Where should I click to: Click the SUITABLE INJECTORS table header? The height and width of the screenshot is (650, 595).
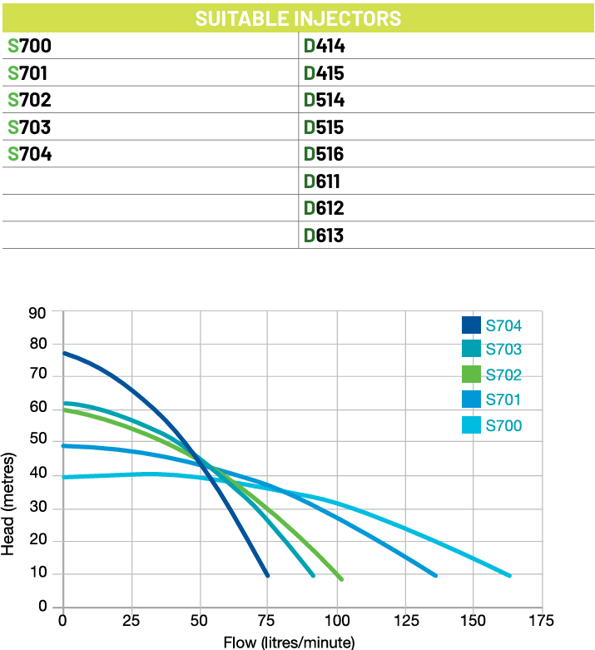click(x=298, y=18)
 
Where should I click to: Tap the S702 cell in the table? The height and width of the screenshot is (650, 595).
click(x=29, y=101)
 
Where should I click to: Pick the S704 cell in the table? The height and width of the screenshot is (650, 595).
click(x=29, y=154)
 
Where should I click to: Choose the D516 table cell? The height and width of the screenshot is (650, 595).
click(x=324, y=154)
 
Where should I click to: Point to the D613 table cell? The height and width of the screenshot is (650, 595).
click(x=324, y=236)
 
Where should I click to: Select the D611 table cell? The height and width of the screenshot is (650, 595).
click(x=324, y=181)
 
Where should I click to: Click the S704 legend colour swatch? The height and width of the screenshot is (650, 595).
click(x=471, y=325)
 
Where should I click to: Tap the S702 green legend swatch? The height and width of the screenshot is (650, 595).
click(x=471, y=375)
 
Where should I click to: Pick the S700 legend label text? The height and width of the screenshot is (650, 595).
click(x=503, y=426)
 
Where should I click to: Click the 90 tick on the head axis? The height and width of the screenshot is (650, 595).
click(x=37, y=313)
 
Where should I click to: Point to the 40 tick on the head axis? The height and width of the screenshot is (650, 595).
click(x=37, y=476)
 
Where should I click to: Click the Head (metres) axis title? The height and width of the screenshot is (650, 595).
click(x=9, y=504)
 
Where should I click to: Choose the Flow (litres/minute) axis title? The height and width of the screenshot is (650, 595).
click(x=289, y=642)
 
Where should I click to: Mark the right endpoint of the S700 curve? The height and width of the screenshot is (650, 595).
click(x=508, y=575)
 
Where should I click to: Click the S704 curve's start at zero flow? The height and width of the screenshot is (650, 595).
click(x=64, y=354)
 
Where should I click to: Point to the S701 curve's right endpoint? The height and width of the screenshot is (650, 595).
click(x=434, y=575)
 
